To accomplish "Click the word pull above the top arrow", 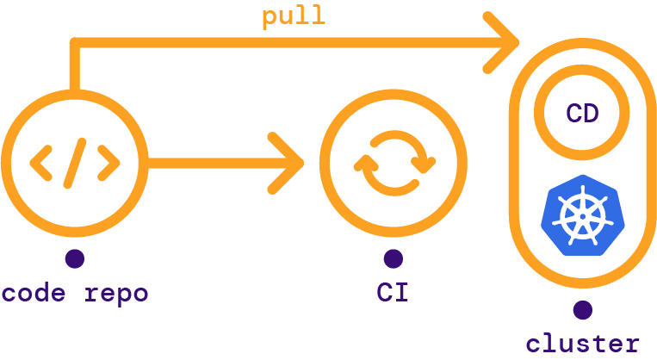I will coord(294,17).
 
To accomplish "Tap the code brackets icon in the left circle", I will coord(74,162).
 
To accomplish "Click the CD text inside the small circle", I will coord(582,113).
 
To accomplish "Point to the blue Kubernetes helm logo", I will coord(582,215).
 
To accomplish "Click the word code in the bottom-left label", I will coord(34,294).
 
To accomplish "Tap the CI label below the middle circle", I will coord(393,294).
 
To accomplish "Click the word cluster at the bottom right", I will coord(583,344).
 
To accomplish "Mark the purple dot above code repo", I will coord(74,258).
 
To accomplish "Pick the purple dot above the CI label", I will coord(393,258).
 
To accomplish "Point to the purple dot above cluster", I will coord(583,309).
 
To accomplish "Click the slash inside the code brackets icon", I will coord(75,162).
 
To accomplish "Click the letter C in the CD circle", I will coord(573,113).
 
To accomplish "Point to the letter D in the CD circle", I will coord(592,113).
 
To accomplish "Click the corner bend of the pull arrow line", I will coord(76,43).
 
